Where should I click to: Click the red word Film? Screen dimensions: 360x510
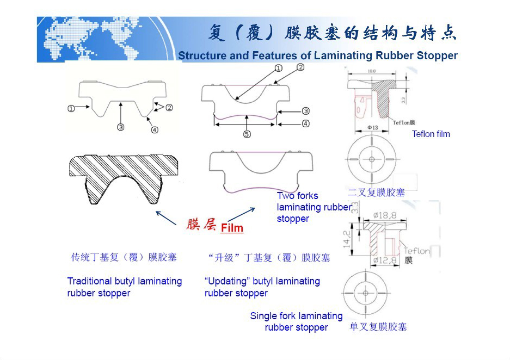pos(232,228)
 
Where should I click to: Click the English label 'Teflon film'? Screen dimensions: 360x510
pos(431,134)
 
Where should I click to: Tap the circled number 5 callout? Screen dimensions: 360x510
pos(247,134)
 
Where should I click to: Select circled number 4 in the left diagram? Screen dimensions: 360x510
pos(155,129)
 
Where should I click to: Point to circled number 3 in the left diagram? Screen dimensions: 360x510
pos(120,127)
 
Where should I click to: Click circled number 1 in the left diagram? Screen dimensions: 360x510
pos(71,108)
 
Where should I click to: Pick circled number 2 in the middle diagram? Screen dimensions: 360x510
pos(300,67)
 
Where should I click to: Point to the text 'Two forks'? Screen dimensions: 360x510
pos(297,196)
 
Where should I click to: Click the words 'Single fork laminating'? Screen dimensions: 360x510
pos(296,316)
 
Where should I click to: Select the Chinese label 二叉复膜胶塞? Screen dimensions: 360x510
pos(376,192)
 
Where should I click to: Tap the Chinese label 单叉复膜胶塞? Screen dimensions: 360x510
pos(378,327)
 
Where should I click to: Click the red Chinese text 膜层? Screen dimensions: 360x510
pos(201,225)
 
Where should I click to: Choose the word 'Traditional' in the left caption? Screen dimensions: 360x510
pos(89,281)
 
